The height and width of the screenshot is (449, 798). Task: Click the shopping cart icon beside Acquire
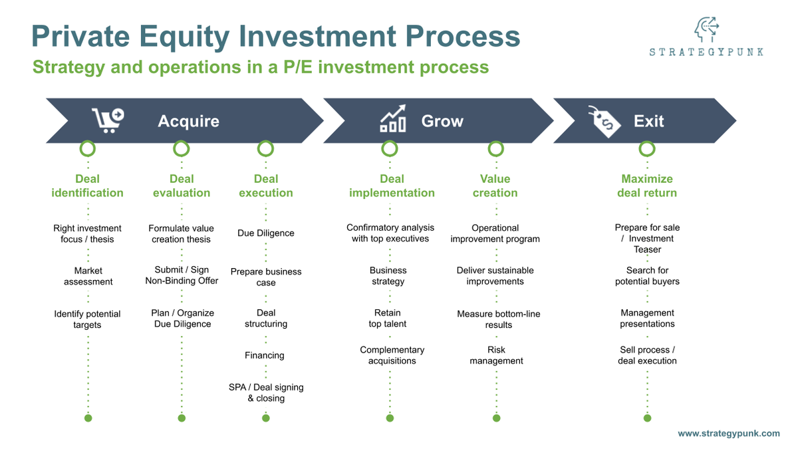pyautogui.click(x=108, y=120)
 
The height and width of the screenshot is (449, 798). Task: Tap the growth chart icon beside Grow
pyautogui.click(x=393, y=118)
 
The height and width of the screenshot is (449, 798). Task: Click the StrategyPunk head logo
pyautogui.click(x=707, y=30)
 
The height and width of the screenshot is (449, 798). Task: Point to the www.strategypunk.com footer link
pyautogui.click(x=728, y=433)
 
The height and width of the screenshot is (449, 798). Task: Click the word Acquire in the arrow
pyautogui.click(x=188, y=121)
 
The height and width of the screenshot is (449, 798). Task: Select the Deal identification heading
pyautogui.click(x=88, y=186)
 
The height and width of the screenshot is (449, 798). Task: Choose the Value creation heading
pyautogui.click(x=495, y=186)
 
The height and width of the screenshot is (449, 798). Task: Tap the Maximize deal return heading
pyautogui.click(x=647, y=186)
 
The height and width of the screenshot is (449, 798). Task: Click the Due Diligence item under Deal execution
pyautogui.click(x=265, y=233)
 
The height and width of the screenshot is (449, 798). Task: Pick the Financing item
pyautogui.click(x=265, y=355)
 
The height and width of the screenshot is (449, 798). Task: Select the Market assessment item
pyautogui.click(x=88, y=276)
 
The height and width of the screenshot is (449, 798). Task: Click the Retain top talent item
pyautogui.click(x=388, y=318)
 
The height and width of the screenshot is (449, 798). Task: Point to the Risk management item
pyautogui.click(x=496, y=355)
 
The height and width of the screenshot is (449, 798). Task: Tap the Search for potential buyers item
pyautogui.click(x=647, y=276)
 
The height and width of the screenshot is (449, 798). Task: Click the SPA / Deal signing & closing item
pyautogui.click(x=265, y=392)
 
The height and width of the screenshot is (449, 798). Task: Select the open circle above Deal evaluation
pyautogui.click(x=182, y=148)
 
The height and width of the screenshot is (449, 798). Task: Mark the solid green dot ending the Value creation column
pyautogui.click(x=496, y=418)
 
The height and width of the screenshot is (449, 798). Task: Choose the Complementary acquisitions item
pyautogui.click(x=392, y=355)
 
